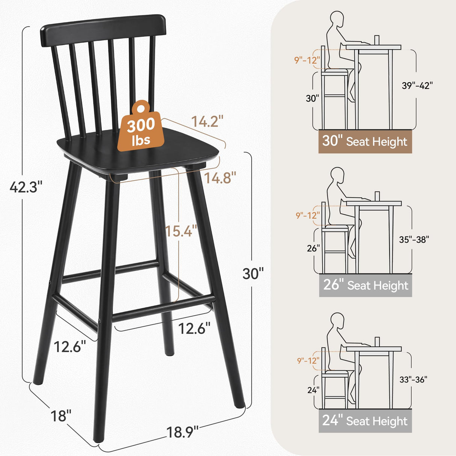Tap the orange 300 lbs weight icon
point(141,127)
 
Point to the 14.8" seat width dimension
point(220,178)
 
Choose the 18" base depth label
point(61,416)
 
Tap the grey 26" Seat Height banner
point(365,285)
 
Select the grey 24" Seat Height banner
point(365,421)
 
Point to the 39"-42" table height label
point(417,86)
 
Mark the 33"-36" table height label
point(413,380)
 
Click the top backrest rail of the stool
point(103,28)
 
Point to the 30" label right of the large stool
point(253,274)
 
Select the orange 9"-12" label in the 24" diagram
point(308,361)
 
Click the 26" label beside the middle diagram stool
point(313,248)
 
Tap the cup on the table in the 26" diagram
point(377,196)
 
